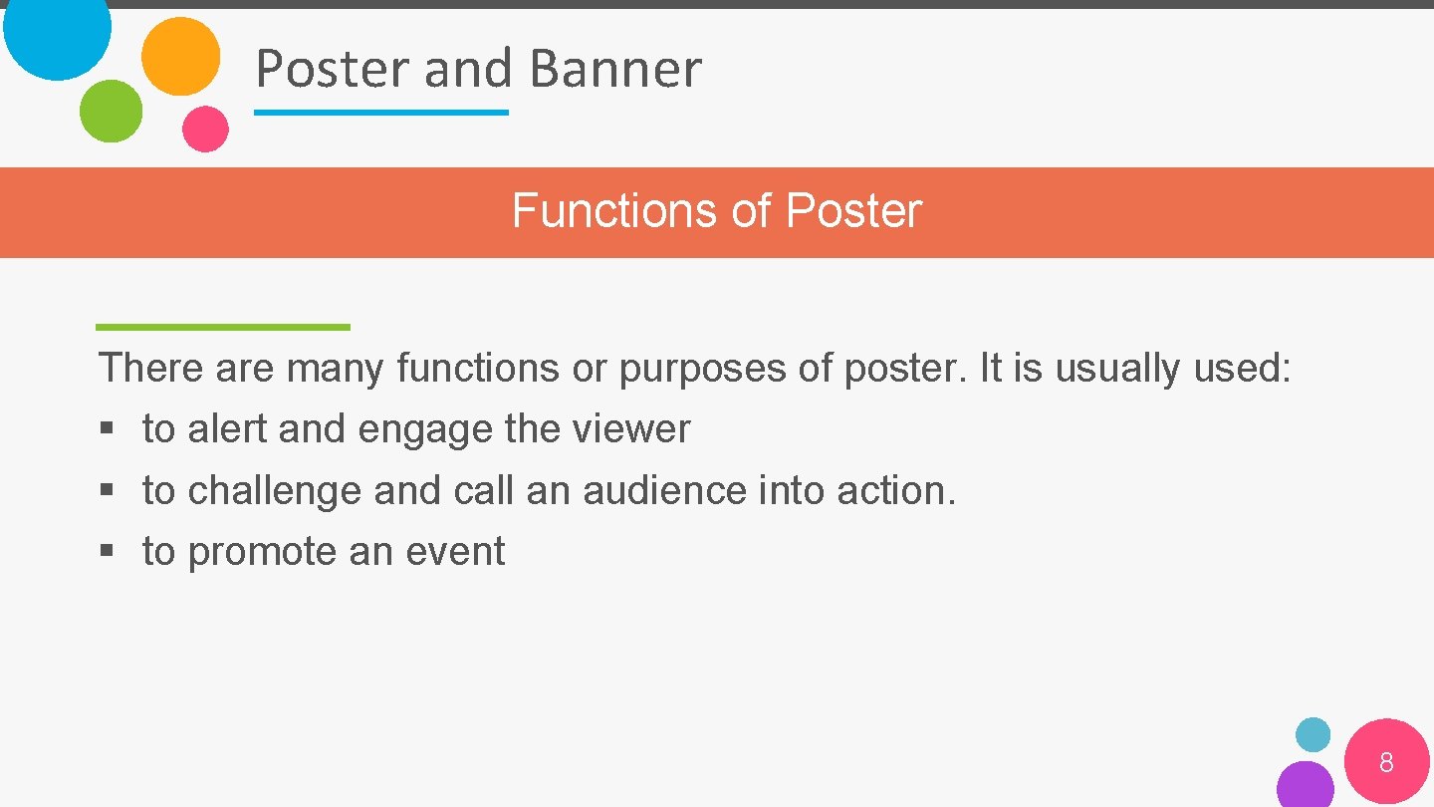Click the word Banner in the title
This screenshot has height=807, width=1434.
tap(614, 69)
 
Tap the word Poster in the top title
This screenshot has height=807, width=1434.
tap(333, 69)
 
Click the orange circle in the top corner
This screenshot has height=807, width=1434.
tap(180, 56)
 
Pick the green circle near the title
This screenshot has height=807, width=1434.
tap(111, 111)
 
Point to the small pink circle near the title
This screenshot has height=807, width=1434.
tap(205, 129)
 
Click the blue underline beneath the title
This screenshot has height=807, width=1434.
tap(380, 113)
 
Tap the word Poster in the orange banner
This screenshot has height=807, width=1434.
tap(853, 211)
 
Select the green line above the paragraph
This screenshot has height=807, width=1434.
tap(223, 327)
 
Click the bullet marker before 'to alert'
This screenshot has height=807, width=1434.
tap(107, 430)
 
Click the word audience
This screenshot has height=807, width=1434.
tap(663, 490)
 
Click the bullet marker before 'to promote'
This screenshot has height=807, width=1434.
tap(107, 552)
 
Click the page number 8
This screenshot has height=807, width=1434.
tap(1386, 763)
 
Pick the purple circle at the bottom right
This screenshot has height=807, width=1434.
tap(1305, 785)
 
